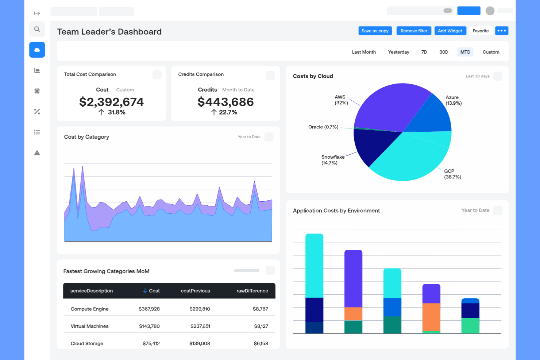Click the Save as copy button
tap(375, 31)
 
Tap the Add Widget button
tap(450, 31)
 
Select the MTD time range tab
tap(465, 52)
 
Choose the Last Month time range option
tap(364, 52)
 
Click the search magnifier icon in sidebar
tap(37, 29)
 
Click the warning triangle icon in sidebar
tap(37, 153)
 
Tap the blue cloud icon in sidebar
tap(37, 50)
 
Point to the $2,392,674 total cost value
tap(111, 102)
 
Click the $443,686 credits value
tap(225, 102)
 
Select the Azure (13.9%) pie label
tap(454, 100)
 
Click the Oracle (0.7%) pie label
tap(323, 127)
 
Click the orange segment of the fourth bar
tap(431, 317)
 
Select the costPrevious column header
tap(195, 291)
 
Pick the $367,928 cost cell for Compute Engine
tap(149, 309)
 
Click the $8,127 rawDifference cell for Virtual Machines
tap(261, 326)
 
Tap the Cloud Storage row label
tap(87, 343)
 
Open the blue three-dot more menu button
tap(502, 31)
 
